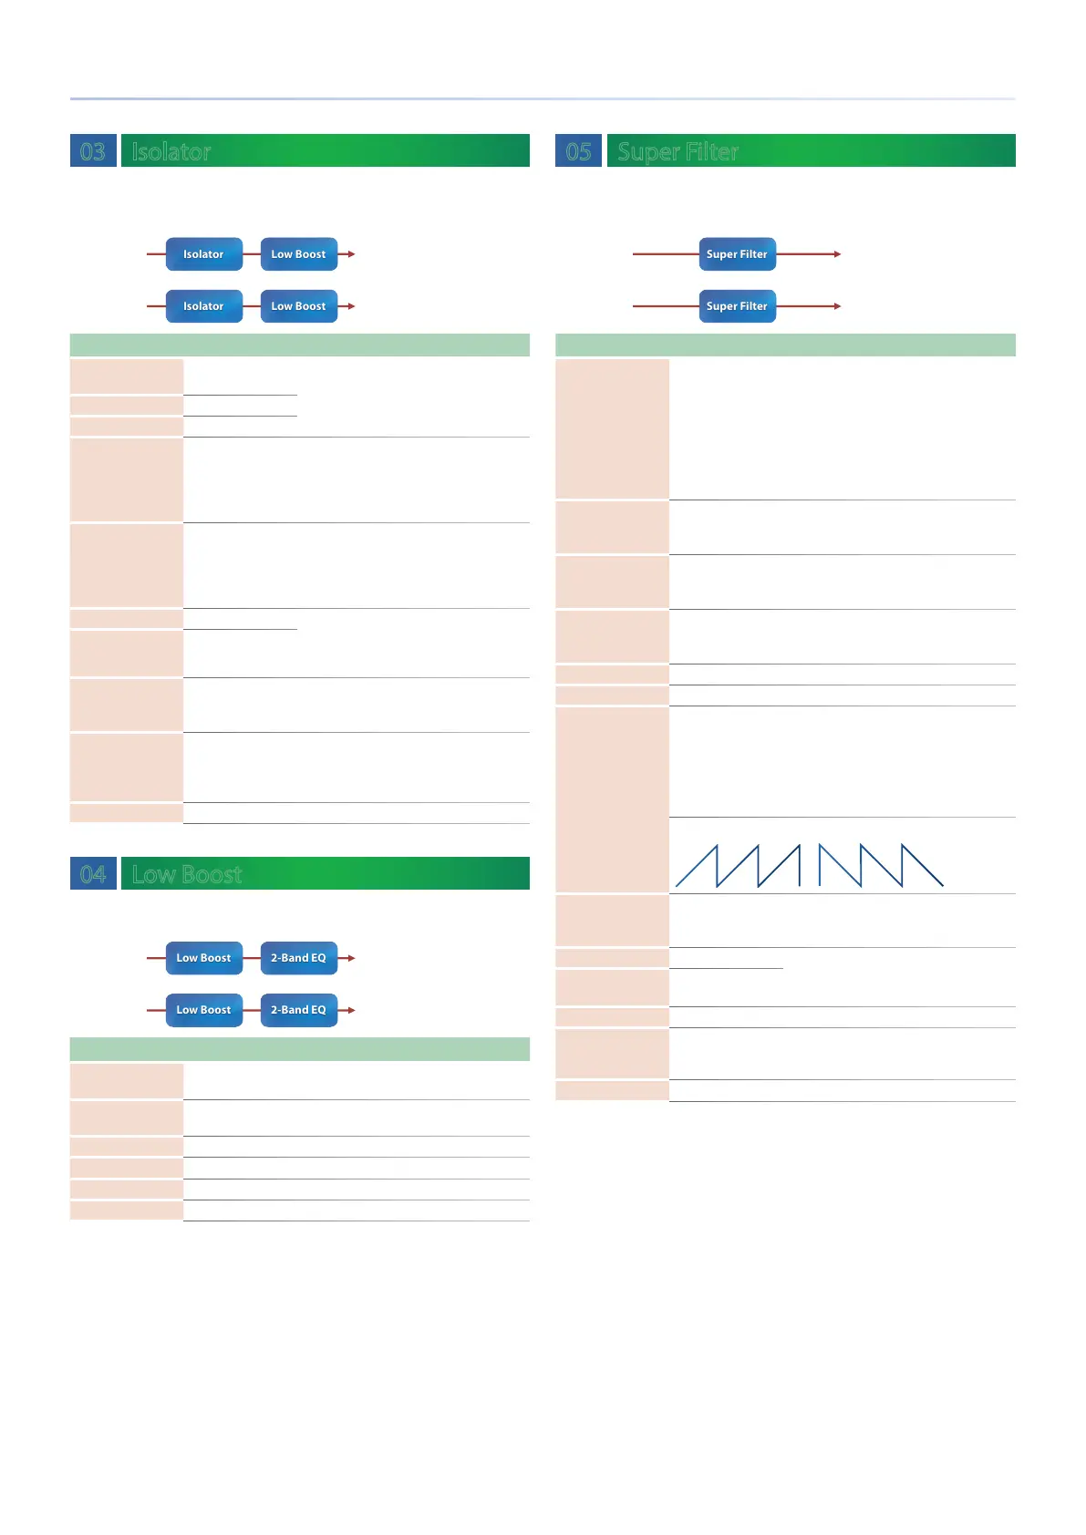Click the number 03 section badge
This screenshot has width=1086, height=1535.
tap(93, 150)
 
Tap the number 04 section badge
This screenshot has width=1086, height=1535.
tap(93, 873)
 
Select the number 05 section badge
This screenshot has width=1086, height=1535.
tap(578, 150)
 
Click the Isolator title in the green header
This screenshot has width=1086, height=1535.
tap(171, 151)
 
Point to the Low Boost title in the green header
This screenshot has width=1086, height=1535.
tap(187, 874)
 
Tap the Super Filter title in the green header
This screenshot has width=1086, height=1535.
tap(677, 151)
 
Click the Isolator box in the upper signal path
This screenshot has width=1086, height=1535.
tap(203, 254)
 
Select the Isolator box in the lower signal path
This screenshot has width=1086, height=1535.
tap(203, 306)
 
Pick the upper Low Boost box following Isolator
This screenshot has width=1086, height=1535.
tap(298, 254)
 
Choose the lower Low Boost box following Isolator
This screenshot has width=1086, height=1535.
tap(298, 306)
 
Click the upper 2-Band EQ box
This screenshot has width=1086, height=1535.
tap(298, 958)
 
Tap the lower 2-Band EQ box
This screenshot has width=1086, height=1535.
tap(298, 1010)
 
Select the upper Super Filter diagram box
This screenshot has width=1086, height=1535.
tap(737, 254)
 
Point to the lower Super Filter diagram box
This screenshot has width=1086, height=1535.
tap(737, 306)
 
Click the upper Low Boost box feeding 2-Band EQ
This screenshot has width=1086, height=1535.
tap(203, 958)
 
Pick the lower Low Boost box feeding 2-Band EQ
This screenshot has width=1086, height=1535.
tap(203, 1010)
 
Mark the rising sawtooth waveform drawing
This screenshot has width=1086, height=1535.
tap(738, 866)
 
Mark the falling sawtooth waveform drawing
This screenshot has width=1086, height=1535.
tap(881, 866)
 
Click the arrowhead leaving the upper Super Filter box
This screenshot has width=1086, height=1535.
tap(836, 254)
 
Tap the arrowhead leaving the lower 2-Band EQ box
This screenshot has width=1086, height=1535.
tap(351, 1010)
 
